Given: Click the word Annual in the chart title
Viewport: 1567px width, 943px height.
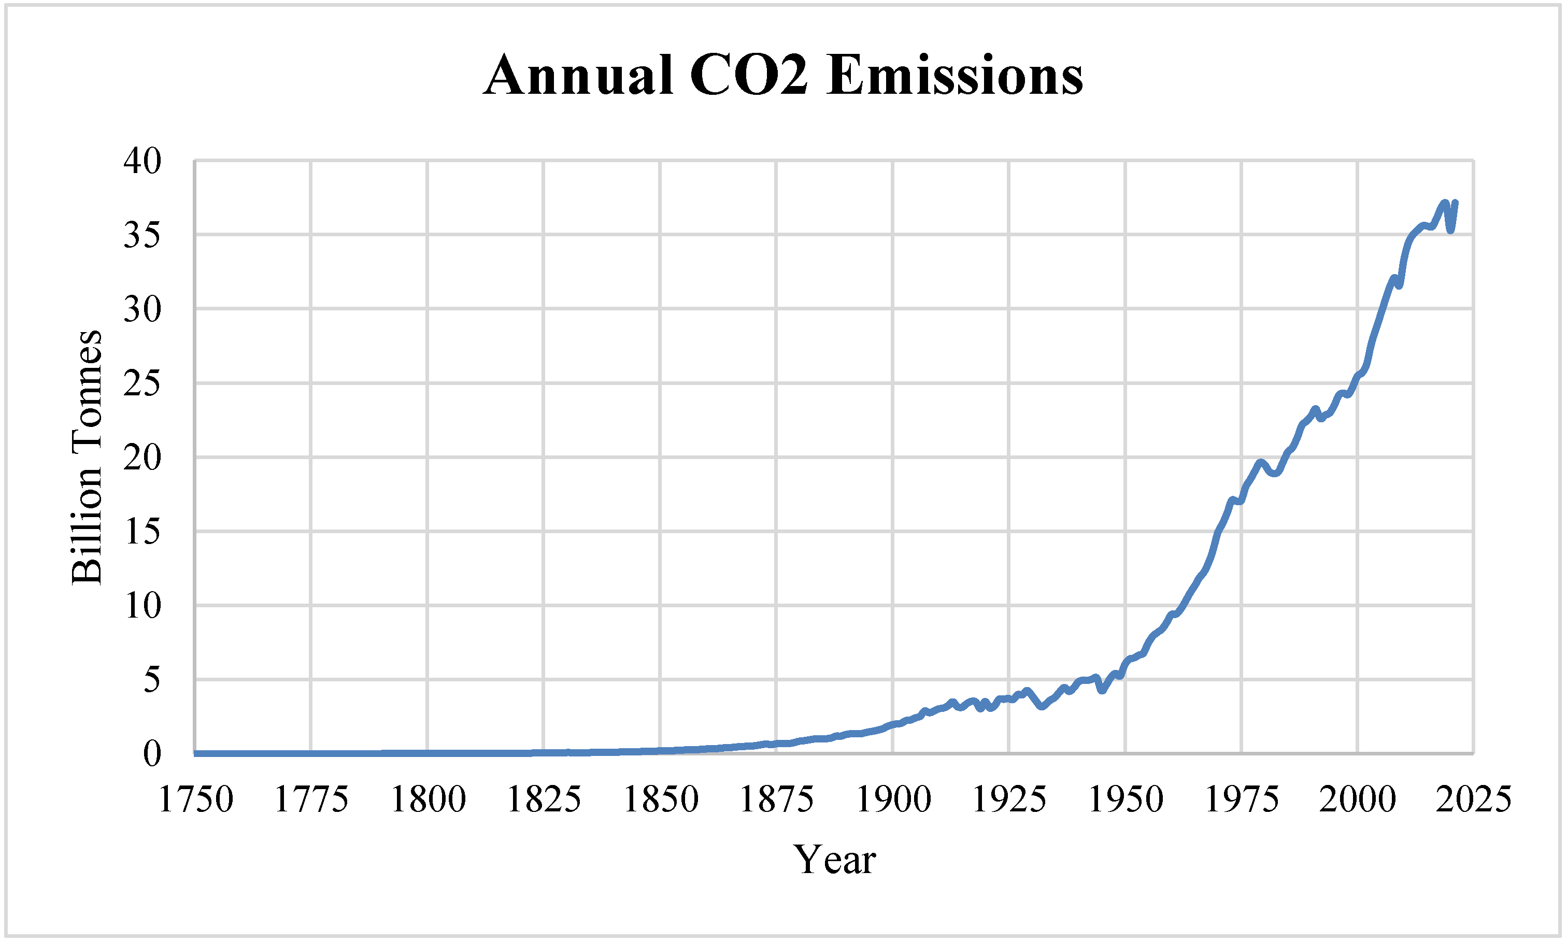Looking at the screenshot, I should (578, 75).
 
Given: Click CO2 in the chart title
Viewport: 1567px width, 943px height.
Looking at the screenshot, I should (749, 75).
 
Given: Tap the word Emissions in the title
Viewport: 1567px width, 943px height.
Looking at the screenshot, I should (955, 75).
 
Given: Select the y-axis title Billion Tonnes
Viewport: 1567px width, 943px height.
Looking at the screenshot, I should (87, 457).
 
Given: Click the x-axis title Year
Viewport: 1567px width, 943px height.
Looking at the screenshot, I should (834, 860).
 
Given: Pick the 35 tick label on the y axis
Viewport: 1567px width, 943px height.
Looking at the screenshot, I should (143, 235).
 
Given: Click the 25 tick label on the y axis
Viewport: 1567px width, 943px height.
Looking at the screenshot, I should (143, 383).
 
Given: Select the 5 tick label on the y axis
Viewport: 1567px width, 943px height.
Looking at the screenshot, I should (152, 680).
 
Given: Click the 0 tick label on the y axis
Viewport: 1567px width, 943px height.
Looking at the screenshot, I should (152, 754).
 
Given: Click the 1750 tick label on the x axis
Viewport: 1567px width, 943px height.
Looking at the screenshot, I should (195, 799).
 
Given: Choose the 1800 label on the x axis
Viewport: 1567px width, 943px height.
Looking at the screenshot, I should (428, 799).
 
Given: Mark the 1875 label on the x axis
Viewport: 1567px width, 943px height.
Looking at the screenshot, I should (777, 799).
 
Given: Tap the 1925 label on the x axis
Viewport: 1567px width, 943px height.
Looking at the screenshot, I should (1009, 799).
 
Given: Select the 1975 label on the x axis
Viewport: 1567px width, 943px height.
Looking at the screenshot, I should (1242, 799).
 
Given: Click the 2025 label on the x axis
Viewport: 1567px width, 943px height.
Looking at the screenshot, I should (1474, 799).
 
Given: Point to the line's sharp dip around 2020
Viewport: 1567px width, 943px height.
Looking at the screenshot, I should (1451, 231).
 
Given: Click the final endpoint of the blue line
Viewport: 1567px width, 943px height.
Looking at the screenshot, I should (1456, 203).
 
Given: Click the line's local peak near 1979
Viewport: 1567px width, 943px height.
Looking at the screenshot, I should (1261, 462).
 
